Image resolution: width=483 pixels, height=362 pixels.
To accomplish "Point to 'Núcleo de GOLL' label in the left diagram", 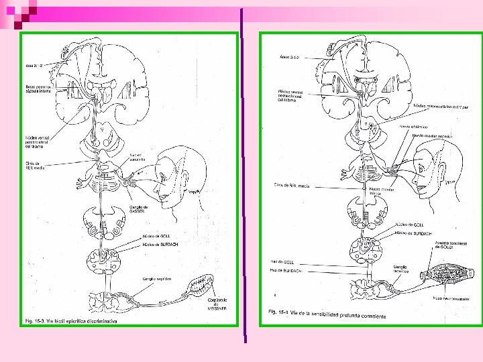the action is (156, 237).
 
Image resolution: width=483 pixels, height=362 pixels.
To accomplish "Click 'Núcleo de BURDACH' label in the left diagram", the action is (159, 245).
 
